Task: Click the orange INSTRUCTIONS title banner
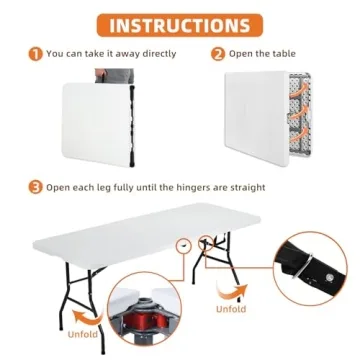coord(180,24)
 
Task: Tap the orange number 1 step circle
coord(36,55)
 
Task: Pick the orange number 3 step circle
coord(36,187)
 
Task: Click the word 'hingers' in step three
coord(211,187)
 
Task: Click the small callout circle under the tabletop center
coord(182,271)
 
